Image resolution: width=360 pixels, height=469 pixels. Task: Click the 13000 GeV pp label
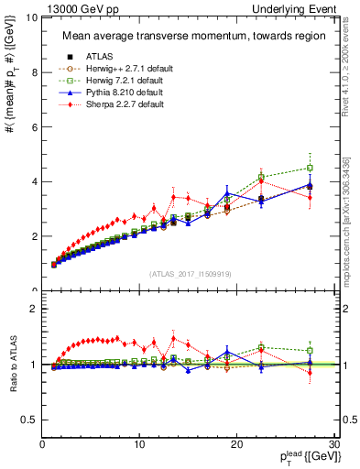pos(79,7)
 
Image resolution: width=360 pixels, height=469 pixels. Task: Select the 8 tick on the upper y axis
pos(34,72)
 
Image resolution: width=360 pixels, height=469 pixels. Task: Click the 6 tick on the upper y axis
pos(34,127)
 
